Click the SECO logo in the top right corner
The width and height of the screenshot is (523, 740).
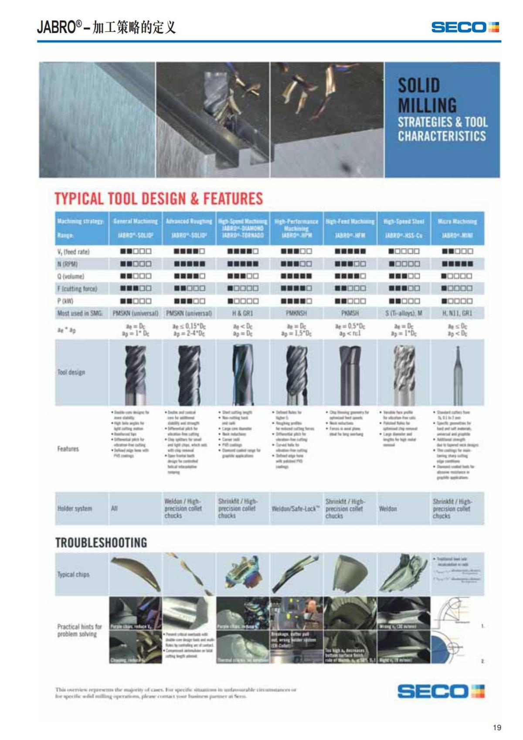pos(465,27)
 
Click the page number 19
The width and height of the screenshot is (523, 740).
pos(497,727)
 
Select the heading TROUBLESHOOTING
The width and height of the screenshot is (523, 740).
pos(101,543)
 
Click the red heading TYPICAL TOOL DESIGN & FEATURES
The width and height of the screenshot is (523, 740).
pos(159,199)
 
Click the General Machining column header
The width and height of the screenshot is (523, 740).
pos(135,222)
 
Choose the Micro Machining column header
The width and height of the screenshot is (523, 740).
pos(457,222)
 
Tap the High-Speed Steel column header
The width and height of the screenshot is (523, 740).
pos(404,222)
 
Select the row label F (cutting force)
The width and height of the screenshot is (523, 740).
pos(77,289)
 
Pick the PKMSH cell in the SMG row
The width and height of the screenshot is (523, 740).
pos(350,313)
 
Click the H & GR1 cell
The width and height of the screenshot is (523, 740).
pos(243,313)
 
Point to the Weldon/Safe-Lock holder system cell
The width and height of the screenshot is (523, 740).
pos(296,509)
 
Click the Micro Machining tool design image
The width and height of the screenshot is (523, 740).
pos(457,373)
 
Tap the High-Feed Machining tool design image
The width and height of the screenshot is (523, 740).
pos(350,373)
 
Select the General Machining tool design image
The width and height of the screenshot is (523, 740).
pos(135,373)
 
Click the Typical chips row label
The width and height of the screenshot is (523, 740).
pos(73,574)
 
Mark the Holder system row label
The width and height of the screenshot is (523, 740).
pos(75,508)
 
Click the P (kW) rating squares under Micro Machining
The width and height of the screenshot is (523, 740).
pos(457,301)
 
